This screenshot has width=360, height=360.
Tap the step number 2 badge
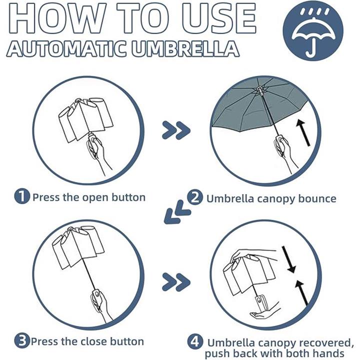[x=195, y=197]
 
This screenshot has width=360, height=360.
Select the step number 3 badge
[x=22, y=340]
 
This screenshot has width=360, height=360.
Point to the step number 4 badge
[x=195, y=342]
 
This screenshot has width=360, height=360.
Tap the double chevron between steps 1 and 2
[x=176, y=130]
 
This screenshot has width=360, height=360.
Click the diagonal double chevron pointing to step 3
[x=177, y=212]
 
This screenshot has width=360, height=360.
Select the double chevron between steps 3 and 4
[x=176, y=282]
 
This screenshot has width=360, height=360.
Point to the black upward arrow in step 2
[x=303, y=132]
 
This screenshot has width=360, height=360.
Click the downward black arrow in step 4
[x=288, y=259]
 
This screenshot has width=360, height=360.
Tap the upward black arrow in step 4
[x=301, y=292]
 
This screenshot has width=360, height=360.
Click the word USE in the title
[x=218, y=18]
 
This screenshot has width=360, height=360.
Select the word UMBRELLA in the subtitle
[x=185, y=48]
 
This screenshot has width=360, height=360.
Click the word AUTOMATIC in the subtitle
[x=66, y=48]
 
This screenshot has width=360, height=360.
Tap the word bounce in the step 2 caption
[x=317, y=198]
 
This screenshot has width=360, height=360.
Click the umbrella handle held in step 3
[x=96, y=297]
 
